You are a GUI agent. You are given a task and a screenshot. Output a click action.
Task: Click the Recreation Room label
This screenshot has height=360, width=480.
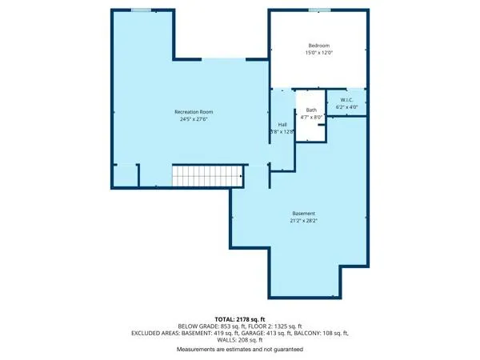click(x=194, y=111)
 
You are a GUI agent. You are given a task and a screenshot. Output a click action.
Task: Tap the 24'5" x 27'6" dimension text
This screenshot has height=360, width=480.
click(x=194, y=119)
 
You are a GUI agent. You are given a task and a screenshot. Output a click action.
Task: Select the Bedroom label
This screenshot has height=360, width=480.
click(x=319, y=46)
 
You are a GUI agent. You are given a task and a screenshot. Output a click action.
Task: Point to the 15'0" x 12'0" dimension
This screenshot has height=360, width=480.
click(x=319, y=54)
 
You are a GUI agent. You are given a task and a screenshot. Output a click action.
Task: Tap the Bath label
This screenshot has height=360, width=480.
click(x=310, y=110)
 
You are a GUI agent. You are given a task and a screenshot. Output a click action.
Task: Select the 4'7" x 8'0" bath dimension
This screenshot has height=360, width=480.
click(x=310, y=117)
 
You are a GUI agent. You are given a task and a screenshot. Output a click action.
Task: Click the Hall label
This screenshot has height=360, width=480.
click(x=282, y=125)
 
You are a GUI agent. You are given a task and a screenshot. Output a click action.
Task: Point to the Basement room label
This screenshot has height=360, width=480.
click(x=303, y=213)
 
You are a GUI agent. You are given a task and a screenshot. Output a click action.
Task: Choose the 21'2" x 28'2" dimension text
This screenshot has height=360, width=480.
click(x=303, y=221)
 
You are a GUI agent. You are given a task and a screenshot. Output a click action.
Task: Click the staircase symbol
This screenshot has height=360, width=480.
click(x=207, y=175)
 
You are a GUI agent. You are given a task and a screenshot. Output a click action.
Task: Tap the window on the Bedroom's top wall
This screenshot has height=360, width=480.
click(x=319, y=10)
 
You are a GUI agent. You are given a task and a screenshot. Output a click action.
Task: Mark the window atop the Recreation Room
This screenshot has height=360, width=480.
click(x=142, y=10)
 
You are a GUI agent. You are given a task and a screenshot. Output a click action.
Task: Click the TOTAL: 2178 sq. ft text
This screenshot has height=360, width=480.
click(x=239, y=319)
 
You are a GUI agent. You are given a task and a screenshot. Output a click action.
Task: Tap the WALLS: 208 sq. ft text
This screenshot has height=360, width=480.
click(x=239, y=340)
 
